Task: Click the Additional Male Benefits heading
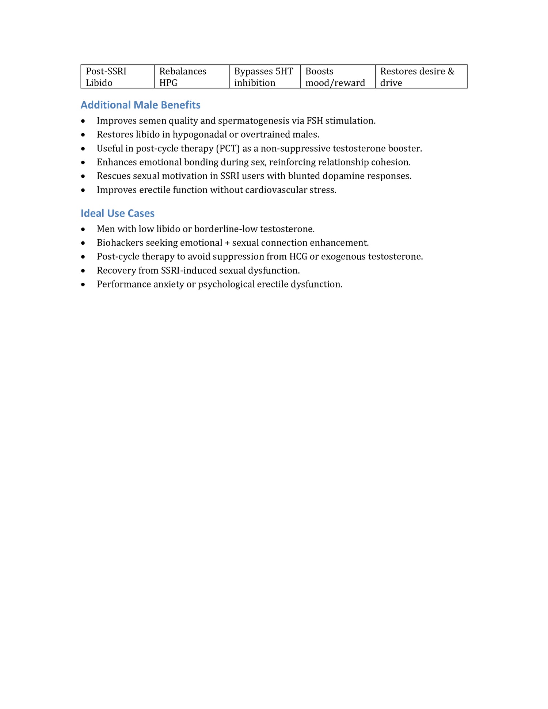click(140, 105)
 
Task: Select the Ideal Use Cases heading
click(117, 213)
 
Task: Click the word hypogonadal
click(199, 135)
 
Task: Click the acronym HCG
click(298, 257)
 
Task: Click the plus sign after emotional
click(227, 243)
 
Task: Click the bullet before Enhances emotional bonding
click(83, 163)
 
